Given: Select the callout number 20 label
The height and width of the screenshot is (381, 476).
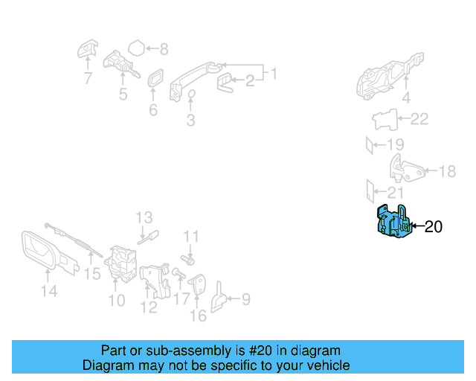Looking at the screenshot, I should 433,227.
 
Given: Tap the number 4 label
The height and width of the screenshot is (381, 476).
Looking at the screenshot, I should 405,97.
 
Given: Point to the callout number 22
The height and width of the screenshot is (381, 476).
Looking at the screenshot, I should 419,119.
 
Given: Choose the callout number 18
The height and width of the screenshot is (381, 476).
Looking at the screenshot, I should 446,172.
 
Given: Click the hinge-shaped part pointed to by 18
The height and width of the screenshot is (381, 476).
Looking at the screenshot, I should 405,169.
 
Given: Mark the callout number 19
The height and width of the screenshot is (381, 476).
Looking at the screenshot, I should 395,144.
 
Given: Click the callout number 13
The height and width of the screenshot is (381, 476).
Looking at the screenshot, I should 144,217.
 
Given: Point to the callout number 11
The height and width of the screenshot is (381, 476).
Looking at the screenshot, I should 191,237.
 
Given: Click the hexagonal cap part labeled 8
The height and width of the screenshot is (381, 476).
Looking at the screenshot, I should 135,49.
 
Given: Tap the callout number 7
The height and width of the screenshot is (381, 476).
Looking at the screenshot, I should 88,77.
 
